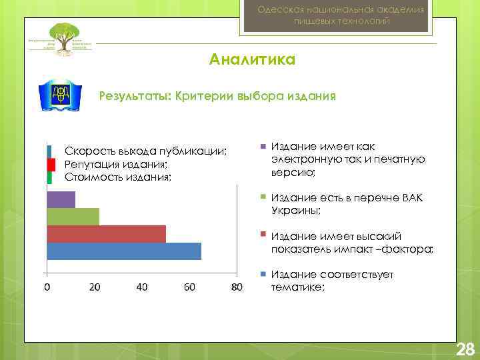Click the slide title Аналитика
(x=252, y=60)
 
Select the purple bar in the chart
(x=61, y=199)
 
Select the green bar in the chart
(x=73, y=217)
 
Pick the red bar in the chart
(x=106, y=234)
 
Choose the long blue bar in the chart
(x=123, y=251)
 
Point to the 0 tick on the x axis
(x=46, y=287)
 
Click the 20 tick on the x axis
(x=95, y=287)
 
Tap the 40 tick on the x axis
(x=142, y=287)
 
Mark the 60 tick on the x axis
(x=189, y=287)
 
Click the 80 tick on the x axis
(x=237, y=287)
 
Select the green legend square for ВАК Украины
(x=263, y=198)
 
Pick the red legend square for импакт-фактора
(x=263, y=235)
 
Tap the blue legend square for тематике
(x=263, y=274)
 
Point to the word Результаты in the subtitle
(x=135, y=95)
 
